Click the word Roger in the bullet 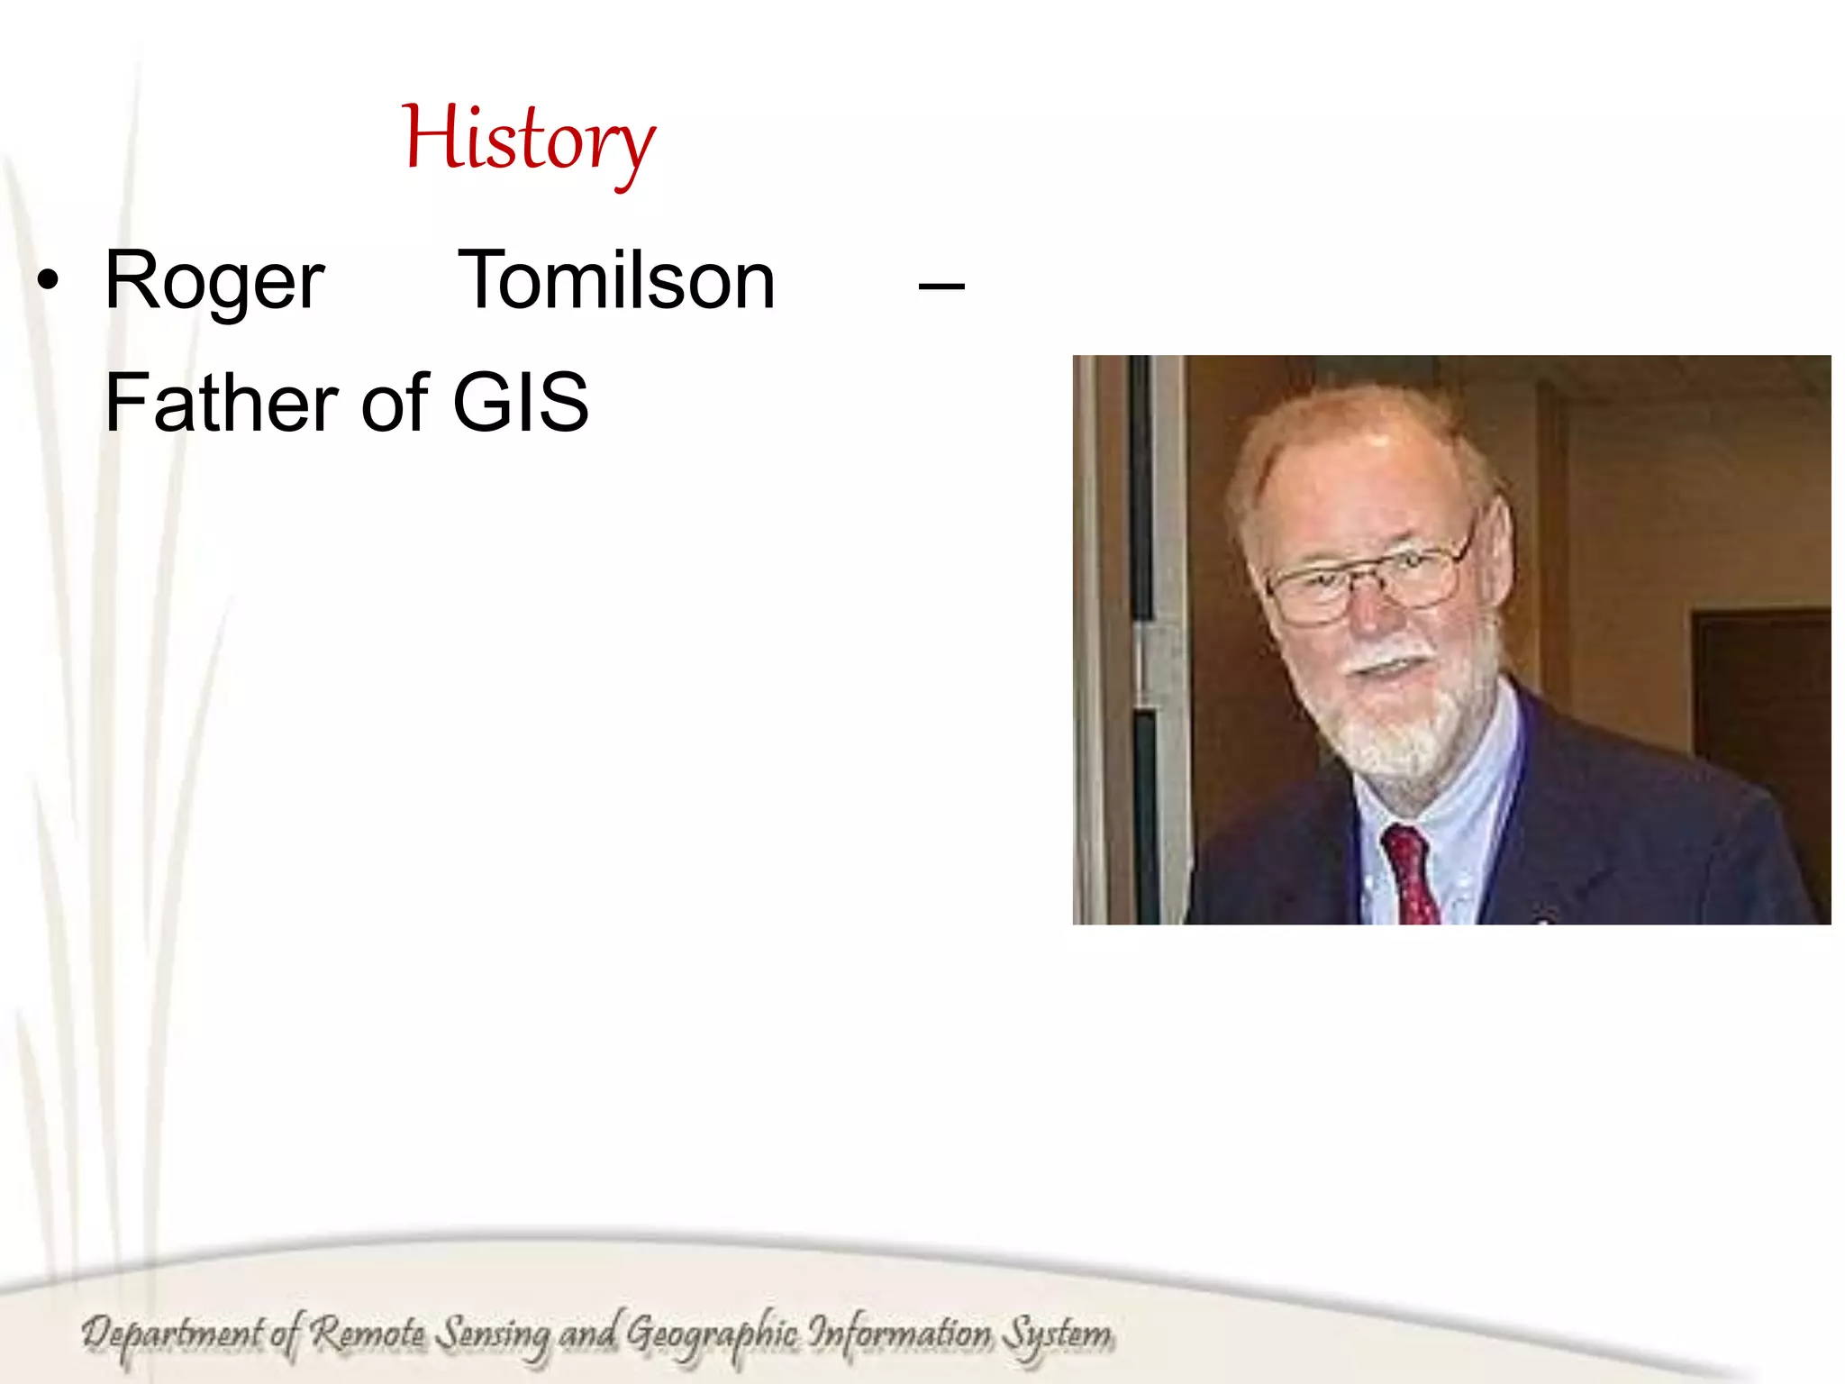pyautogui.click(x=214, y=282)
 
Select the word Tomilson pyautogui.click(x=616, y=281)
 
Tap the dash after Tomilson pyautogui.click(x=941, y=287)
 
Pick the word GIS pyautogui.click(x=520, y=403)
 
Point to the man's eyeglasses pyautogui.click(x=1365, y=581)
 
